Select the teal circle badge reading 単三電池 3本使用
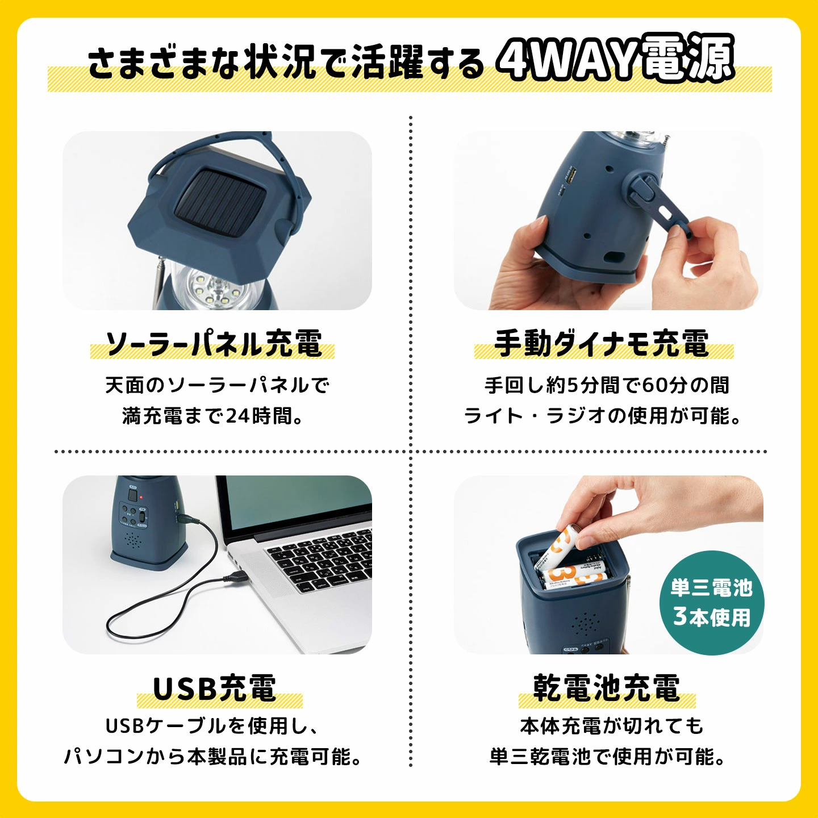(712, 602)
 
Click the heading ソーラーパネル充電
(212, 344)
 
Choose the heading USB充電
(215, 688)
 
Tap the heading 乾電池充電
(606, 688)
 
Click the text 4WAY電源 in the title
(616, 58)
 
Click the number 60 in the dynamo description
(654, 386)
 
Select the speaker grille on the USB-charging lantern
(132, 540)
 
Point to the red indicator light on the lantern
(141, 496)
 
